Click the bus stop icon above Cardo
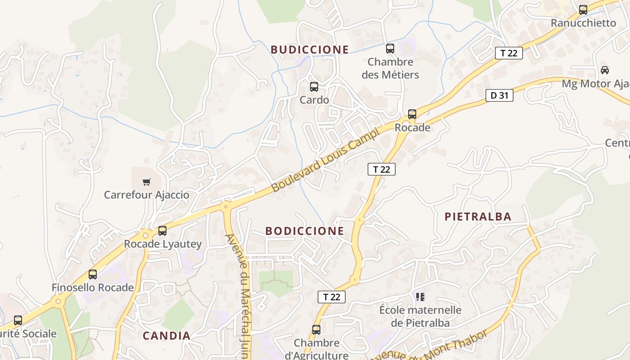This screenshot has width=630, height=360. point(314,87)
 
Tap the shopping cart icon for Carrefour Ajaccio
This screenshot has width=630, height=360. point(146,182)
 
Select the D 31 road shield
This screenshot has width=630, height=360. point(499,95)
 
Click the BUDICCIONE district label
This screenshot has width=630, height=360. point(310,49)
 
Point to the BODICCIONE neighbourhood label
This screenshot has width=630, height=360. point(305,231)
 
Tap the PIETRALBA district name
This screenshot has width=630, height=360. point(478,217)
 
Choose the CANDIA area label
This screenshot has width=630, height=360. point(166,336)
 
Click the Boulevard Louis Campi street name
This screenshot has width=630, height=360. point(326,160)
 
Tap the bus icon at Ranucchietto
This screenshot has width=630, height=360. point(583,9)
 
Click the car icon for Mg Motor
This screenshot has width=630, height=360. point(605,70)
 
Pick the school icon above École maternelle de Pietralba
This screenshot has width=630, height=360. point(420,297)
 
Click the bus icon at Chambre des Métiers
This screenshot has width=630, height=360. point(390,48)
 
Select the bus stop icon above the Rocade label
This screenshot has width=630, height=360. point(412,114)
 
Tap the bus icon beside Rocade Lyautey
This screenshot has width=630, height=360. point(162,231)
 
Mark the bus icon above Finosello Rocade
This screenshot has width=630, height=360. point(93,274)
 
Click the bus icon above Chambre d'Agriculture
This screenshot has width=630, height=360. point(316,330)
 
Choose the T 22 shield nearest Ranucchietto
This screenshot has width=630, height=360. point(509,53)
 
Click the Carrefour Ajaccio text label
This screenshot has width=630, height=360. point(147,195)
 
